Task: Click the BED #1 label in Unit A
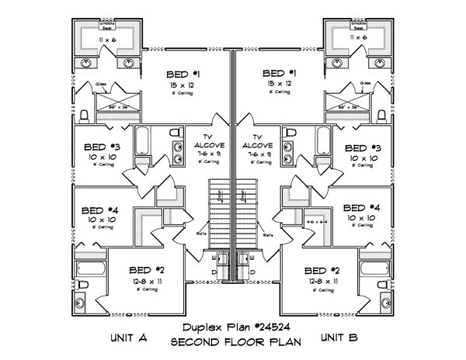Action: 183,74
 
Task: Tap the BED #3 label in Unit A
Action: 103,147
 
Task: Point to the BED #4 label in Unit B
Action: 361,207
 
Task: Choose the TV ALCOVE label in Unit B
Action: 257,140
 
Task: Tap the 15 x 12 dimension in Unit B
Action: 278,83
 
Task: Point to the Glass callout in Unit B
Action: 365,83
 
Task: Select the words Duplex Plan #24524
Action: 231,326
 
